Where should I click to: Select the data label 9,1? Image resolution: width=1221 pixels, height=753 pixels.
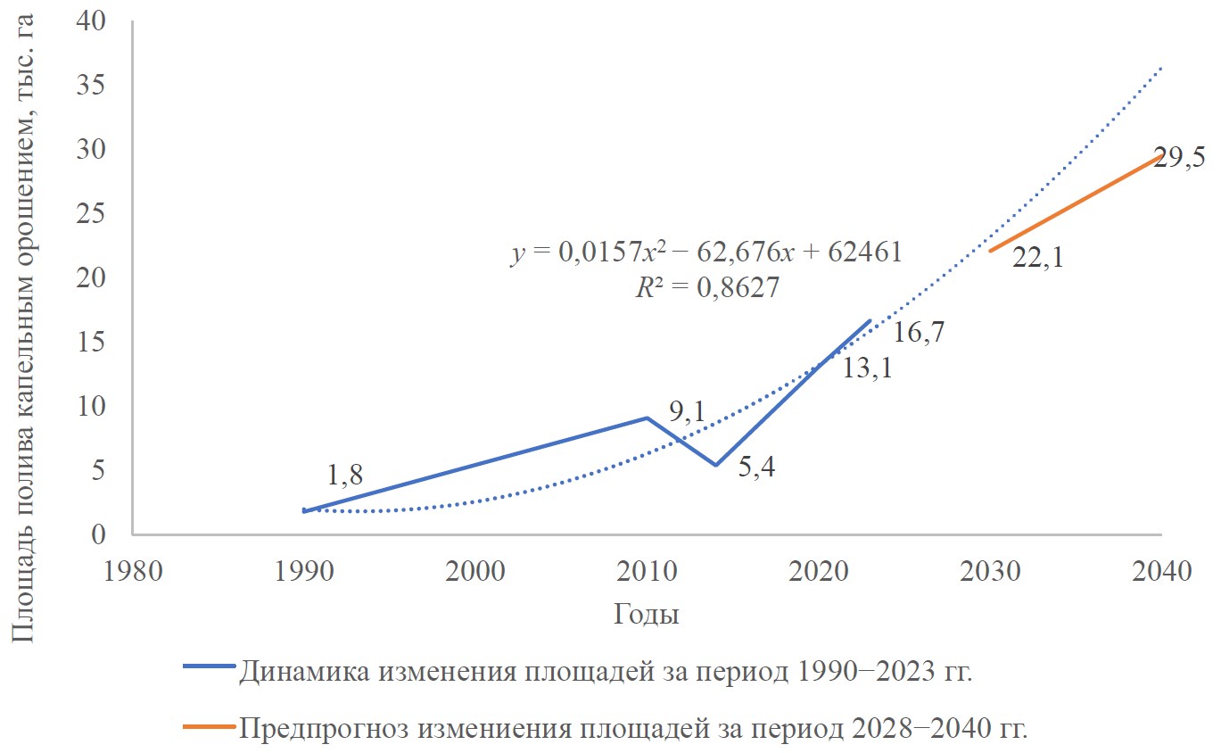[x=687, y=411]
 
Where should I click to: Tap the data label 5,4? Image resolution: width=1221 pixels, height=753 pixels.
[x=756, y=466]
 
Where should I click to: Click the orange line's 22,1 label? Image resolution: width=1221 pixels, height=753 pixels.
[x=1036, y=258]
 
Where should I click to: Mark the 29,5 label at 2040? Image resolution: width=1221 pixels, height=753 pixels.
[x=1180, y=158]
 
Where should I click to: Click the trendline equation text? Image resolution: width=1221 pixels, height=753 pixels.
[x=705, y=252]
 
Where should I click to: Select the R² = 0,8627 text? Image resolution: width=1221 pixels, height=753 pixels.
[x=705, y=287]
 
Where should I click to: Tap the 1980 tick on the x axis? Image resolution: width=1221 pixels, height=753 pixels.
[x=132, y=570]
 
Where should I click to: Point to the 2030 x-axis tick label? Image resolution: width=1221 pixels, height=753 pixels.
[x=990, y=570]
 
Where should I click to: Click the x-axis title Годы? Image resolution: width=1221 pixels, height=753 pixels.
[x=646, y=615]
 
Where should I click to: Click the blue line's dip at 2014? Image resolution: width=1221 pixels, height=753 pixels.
[x=715, y=465]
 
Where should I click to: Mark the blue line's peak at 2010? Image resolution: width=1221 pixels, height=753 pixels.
[x=647, y=418]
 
